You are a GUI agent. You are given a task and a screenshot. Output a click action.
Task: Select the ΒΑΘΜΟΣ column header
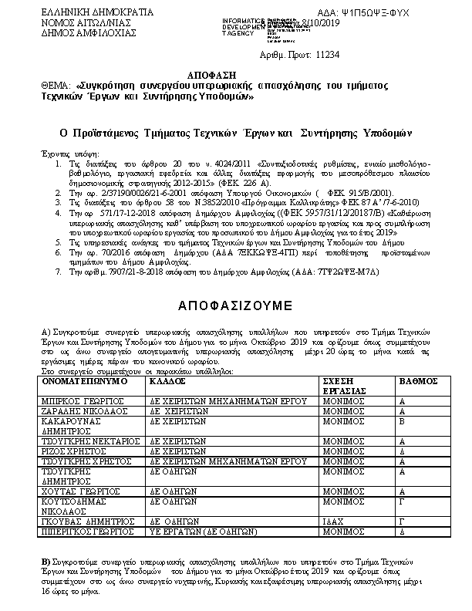(418, 381)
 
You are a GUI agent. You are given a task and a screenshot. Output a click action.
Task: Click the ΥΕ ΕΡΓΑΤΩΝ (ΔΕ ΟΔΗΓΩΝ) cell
(203, 531)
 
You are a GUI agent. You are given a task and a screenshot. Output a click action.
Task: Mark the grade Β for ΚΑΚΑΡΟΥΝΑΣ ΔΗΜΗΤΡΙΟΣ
(402, 422)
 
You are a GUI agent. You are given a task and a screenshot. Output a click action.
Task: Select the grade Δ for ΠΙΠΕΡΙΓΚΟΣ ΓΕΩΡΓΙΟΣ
(402, 531)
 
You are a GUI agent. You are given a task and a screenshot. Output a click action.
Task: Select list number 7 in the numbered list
(60, 272)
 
